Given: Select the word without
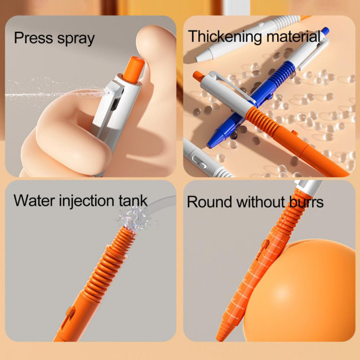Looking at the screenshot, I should (261, 202).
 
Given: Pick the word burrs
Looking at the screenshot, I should (306, 202).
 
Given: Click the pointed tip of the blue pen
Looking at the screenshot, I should (212, 145).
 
